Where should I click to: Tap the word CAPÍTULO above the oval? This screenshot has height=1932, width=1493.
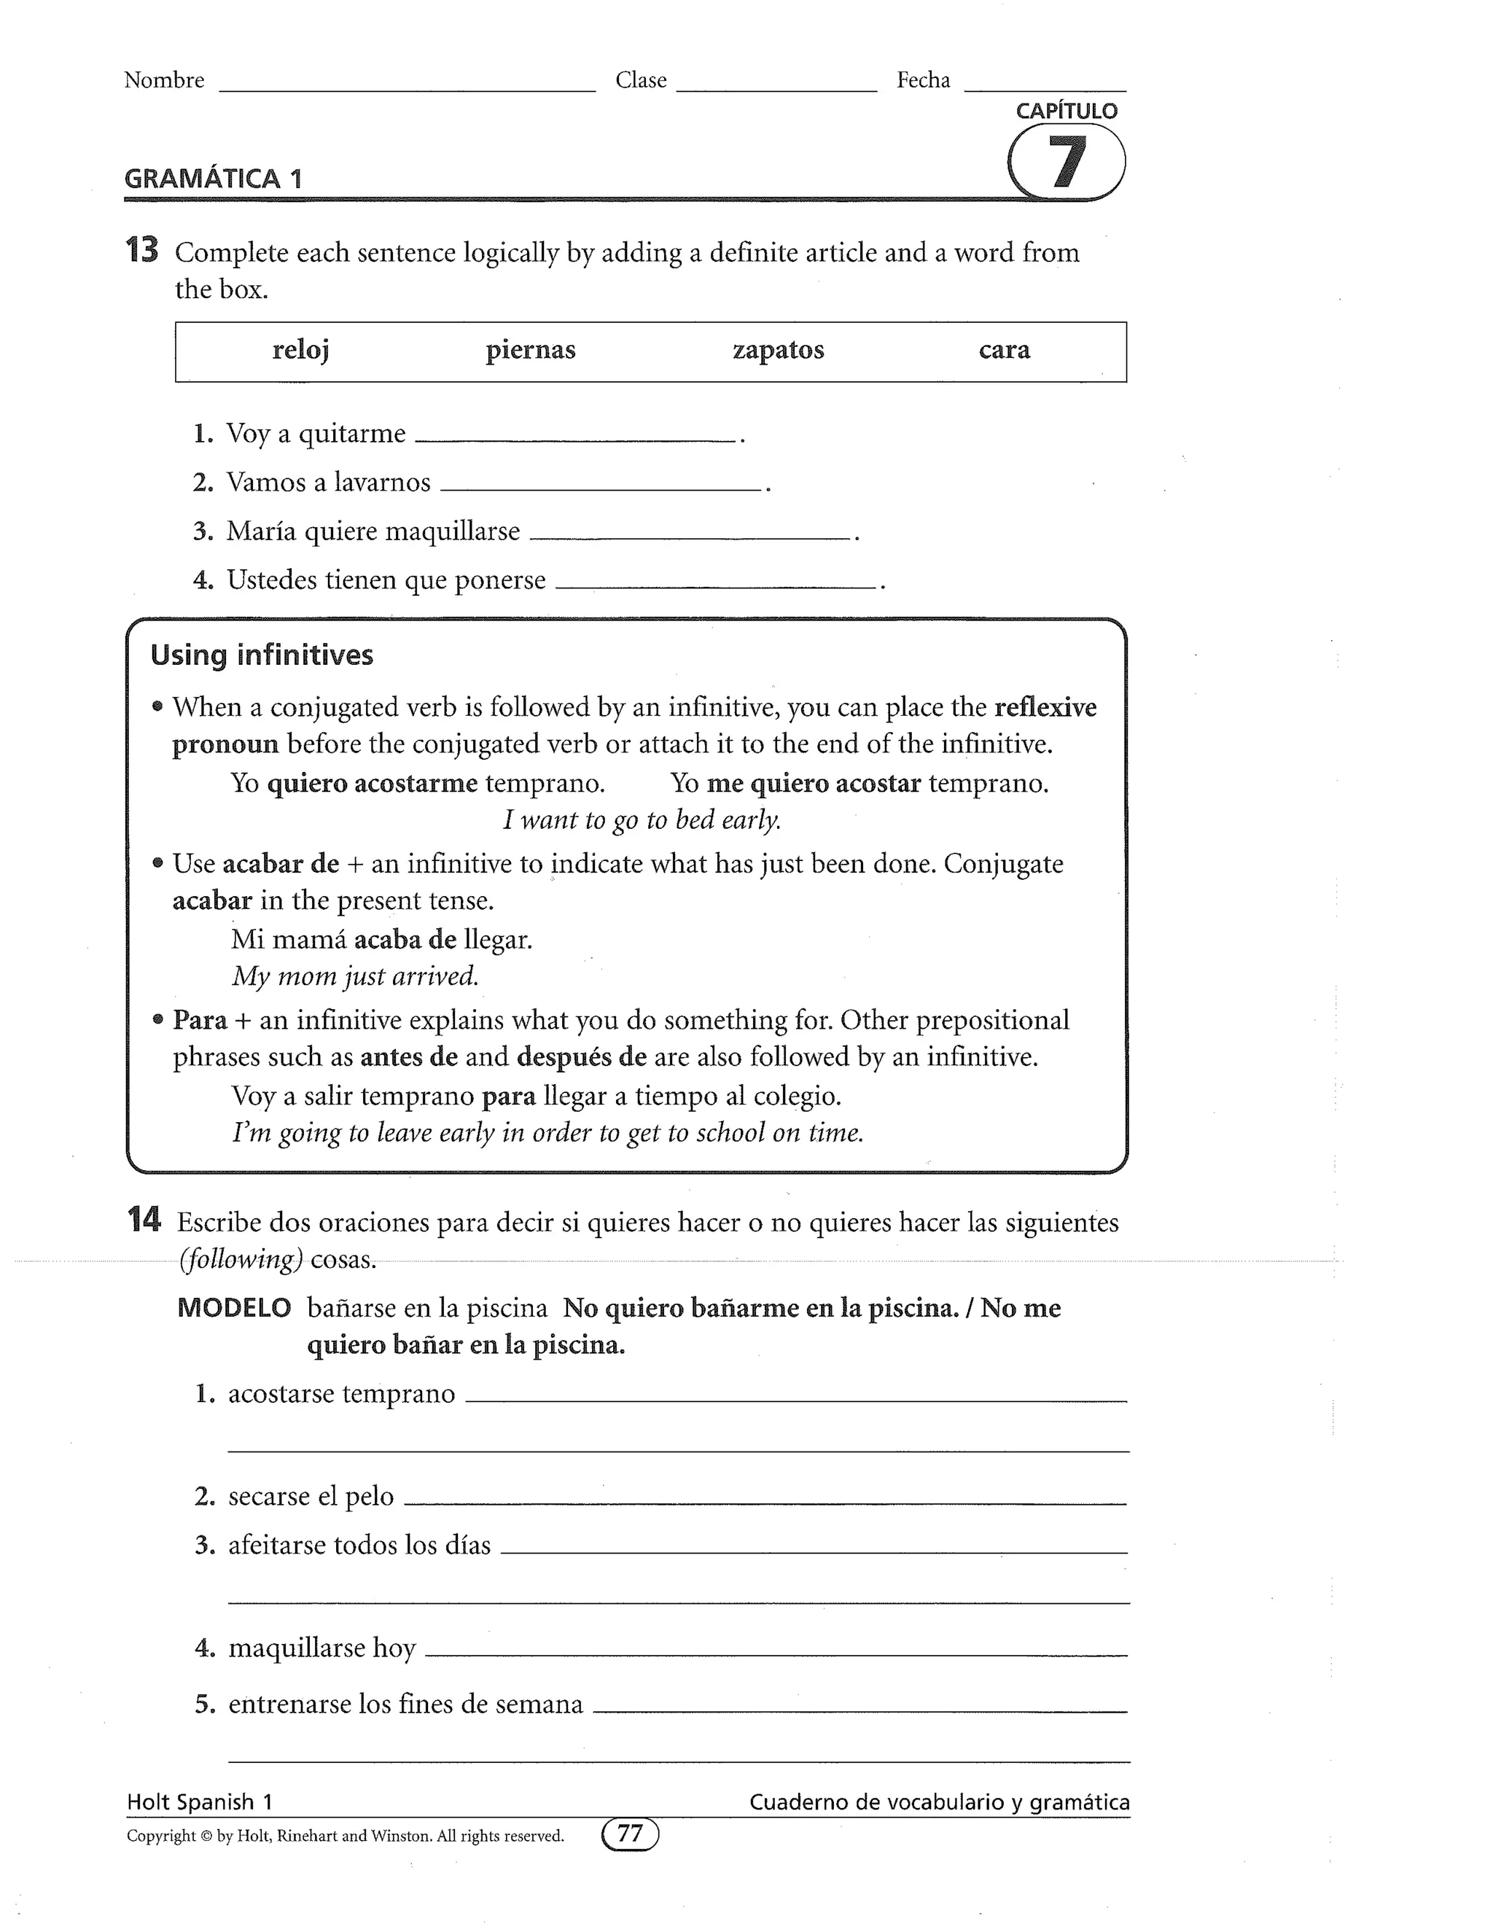1066,112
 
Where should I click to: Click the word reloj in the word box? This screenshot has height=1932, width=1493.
301,350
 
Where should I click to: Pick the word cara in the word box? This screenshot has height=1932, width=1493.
1004,350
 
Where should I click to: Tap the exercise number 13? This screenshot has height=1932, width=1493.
141,252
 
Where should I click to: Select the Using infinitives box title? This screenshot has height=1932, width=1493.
262,655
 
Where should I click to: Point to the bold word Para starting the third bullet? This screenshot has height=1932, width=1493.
200,1020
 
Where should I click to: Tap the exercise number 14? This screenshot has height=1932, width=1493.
144,1220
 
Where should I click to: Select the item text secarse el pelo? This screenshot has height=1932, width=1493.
311,1496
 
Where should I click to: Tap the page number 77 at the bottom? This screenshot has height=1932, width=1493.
630,1834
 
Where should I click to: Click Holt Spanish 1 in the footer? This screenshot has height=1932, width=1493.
200,1802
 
